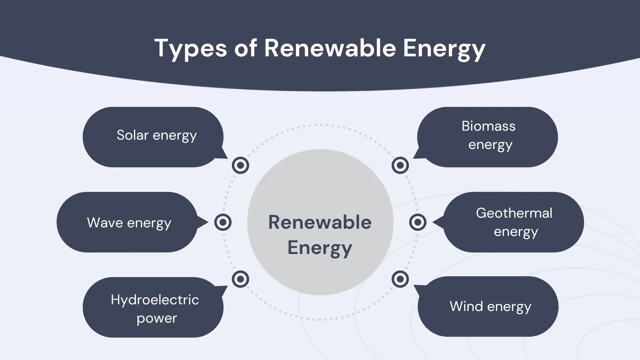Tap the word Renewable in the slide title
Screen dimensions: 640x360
(x=330, y=48)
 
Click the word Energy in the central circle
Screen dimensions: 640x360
(x=320, y=248)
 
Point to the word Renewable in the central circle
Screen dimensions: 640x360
(x=320, y=222)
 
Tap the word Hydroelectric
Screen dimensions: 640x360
(x=155, y=300)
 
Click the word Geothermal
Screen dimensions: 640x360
(x=514, y=213)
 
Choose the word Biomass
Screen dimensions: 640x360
(x=489, y=126)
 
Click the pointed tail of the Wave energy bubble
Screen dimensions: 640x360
(x=208, y=222)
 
